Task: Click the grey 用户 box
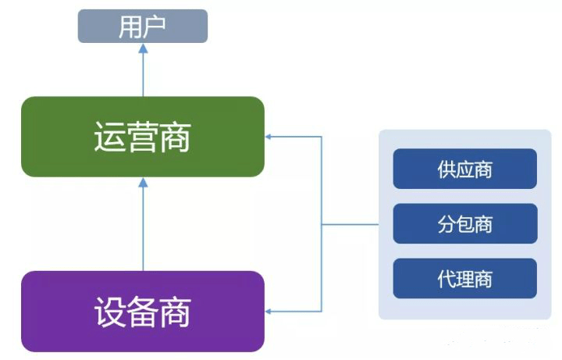pos(143,27)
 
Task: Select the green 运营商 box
pos(143,137)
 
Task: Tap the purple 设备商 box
pos(143,312)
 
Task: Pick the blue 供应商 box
pos(465,169)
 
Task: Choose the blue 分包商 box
pos(465,224)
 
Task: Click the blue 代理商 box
pos(465,279)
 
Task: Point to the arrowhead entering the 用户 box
pos(143,48)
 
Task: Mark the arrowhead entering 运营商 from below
pos(143,183)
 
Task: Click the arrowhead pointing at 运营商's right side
pos(268,137)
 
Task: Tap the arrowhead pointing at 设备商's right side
pos(268,312)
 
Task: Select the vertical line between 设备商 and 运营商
pos(143,229)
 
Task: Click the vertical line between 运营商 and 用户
pos(143,75)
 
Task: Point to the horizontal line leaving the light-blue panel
pos(350,224)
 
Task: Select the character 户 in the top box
pos(154,27)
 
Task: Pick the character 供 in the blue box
pos(446,169)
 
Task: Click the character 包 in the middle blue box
pos(465,224)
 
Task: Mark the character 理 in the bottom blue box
pos(465,279)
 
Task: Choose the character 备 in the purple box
pos(142,312)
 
